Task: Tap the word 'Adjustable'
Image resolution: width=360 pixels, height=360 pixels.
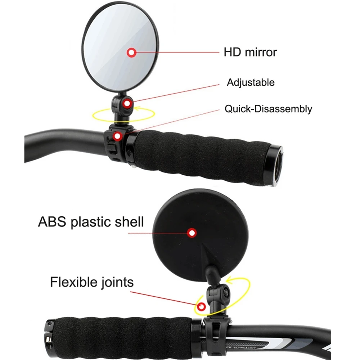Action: pos(251,82)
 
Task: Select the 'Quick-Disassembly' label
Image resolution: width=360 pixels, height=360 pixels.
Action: pos(269,109)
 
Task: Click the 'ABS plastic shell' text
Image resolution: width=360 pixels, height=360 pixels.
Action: pos(91,222)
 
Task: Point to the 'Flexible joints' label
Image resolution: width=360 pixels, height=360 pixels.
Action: pos(92,282)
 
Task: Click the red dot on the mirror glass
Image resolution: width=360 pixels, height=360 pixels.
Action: pos(131,53)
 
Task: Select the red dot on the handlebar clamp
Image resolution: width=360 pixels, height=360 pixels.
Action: pos(117,136)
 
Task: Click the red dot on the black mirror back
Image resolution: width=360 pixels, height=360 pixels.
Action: pos(192,233)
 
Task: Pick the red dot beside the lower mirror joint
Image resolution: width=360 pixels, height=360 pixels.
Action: pos(201,306)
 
